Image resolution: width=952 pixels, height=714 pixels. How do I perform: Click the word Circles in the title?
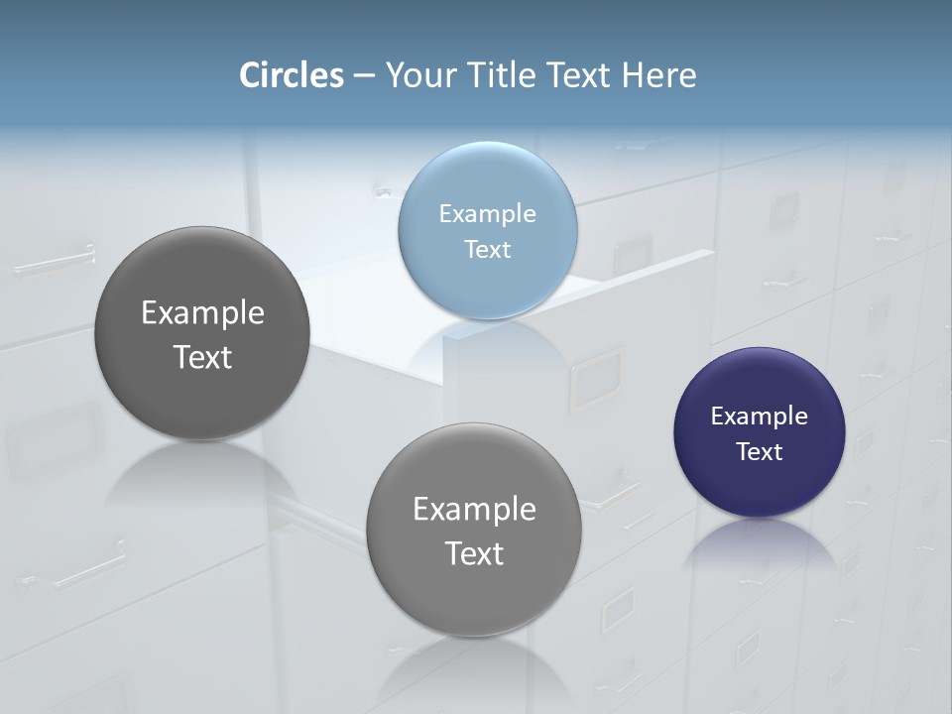[x=292, y=75]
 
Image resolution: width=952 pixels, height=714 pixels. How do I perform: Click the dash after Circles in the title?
[x=364, y=76]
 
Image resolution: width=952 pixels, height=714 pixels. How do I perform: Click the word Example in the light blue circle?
[x=488, y=214]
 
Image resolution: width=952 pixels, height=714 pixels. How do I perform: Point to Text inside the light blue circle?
[x=488, y=250]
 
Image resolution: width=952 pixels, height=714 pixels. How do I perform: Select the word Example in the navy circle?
[x=760, y=416]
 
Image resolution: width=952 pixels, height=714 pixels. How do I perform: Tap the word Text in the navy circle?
[x=760, y=452]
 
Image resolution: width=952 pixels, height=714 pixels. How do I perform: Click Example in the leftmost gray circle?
[x=202, y=313]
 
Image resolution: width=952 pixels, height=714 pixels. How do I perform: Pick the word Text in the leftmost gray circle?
[x=202, y=357]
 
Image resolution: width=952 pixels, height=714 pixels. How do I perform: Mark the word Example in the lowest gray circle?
[x=474, y=510]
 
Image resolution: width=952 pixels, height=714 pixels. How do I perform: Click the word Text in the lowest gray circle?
[x=474, y=553]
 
